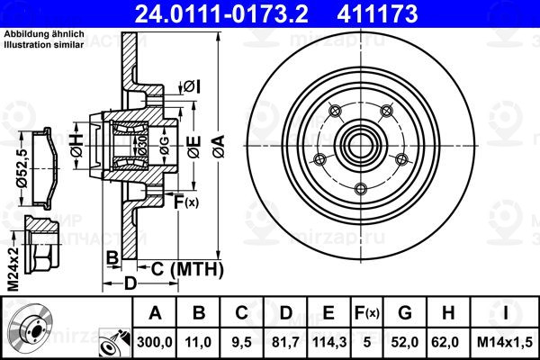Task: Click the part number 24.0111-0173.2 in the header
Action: pos(221,14)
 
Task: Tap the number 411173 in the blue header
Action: pos(377,14)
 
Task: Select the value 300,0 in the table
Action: pos(155,342)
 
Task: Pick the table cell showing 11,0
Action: pos(198,342)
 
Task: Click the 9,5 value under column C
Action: pos(241,342)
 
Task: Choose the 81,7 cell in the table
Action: pos(285,342)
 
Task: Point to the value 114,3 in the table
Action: pos(328,342)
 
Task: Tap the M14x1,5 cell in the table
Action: pos(505,342)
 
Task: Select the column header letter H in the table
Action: pos(448,313)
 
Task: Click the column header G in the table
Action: pos(405,313)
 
